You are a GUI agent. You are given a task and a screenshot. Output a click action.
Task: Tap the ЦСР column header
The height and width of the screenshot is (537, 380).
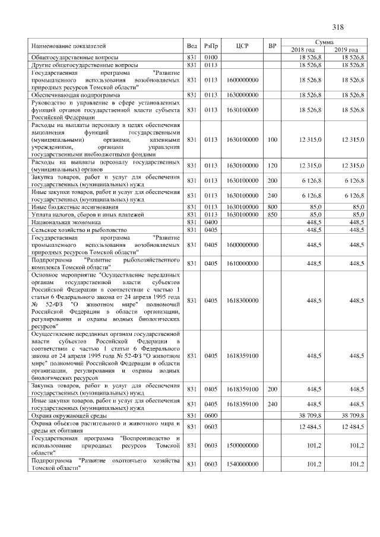[242, 46]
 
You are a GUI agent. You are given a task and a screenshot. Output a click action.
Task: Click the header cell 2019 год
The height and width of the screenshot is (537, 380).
[346, 49]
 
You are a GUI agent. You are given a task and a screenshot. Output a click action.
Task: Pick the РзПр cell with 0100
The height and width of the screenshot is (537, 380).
[211, 57]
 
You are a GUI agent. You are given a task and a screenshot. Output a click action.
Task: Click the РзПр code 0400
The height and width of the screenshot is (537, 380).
[211, 222]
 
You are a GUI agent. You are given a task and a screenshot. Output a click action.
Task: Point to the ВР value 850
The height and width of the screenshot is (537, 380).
[273, 214]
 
